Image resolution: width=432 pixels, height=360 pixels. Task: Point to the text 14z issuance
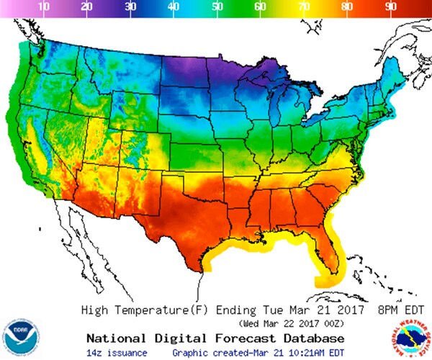(117, 352)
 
